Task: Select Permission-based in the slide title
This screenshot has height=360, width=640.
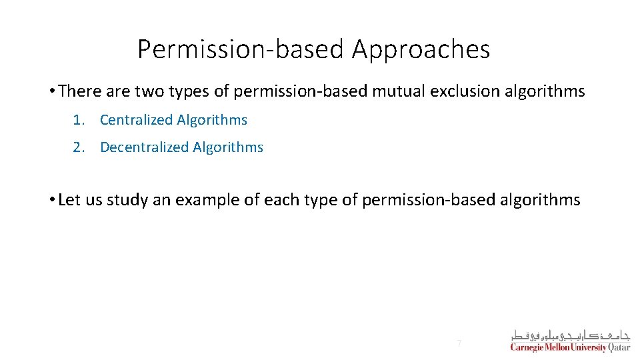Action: tap(241, 50)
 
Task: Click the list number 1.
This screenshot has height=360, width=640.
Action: tap(78, 120)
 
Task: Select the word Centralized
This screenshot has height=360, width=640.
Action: tap(137, 120)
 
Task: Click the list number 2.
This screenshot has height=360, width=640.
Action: tap(78, 147)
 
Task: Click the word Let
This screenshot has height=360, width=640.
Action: tap(69, 200)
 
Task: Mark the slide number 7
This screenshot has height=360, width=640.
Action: tap(459, 343)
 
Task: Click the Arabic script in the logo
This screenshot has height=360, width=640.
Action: tap(570, 335)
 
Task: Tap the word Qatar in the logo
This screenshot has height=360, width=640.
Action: tap(619, 347)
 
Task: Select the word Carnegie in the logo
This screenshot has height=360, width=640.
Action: tap(527, 347)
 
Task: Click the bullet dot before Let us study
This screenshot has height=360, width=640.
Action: tap(52, 200)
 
